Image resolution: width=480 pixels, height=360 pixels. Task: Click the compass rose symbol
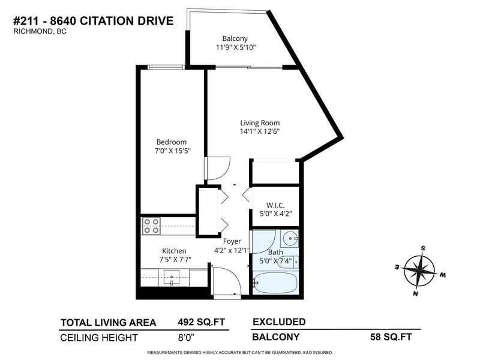tap(421, 270)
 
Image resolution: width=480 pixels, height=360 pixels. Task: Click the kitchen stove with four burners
tap(151, 226)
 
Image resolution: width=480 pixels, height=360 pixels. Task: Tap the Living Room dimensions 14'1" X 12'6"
tap(257, 131)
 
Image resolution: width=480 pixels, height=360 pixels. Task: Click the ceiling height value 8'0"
tap(188, 337)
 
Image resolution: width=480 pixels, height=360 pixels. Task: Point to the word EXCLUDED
tap(279, 322)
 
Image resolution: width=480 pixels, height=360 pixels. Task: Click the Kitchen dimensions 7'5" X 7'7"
tap(174, 260)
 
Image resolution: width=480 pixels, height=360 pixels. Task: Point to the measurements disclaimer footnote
tap(240, 352)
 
